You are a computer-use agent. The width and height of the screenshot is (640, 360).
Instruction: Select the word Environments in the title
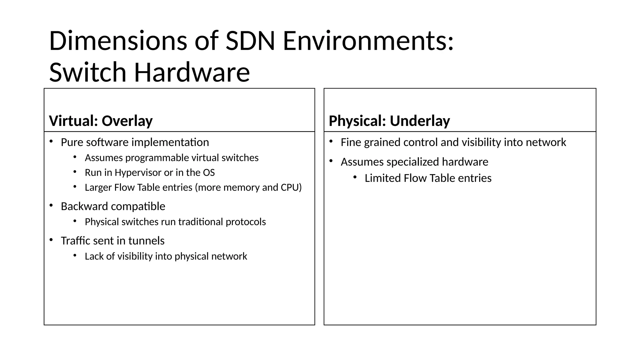coord(368,41)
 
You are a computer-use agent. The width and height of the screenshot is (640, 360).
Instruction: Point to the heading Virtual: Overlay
coord(101,121)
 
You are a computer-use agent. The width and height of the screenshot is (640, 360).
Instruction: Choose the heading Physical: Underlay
coord(389,121)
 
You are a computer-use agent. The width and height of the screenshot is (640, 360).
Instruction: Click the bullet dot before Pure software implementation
coord(51,142)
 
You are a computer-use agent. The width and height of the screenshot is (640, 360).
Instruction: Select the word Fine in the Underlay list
coord(351,142)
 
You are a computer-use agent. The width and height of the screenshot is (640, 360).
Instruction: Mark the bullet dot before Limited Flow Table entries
coord(355,177)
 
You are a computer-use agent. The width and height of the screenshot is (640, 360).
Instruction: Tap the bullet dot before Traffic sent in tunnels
coord(51,240)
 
